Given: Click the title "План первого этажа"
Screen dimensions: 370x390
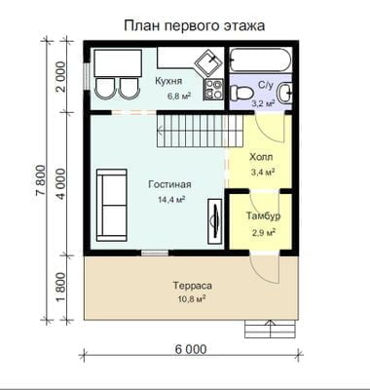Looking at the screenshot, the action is point(194,26).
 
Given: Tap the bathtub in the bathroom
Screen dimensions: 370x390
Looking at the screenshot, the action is point(260,59).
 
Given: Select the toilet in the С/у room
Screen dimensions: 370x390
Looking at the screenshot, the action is point(241,93).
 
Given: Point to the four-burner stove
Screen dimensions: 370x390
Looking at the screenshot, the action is point(213,90).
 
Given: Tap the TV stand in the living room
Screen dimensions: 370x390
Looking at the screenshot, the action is point(215,221).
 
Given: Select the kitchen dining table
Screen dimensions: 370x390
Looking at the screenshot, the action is point(118,63).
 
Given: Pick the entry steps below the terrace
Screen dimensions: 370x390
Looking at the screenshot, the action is point(271,329).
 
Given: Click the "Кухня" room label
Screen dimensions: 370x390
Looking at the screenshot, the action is point(168,81).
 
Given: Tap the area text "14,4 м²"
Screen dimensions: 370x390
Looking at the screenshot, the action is point(171,199).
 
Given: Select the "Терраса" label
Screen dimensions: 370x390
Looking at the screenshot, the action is point(193,286).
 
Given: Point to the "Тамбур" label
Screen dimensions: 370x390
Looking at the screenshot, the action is point(263,216).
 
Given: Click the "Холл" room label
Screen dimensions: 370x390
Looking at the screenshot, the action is point(261,157).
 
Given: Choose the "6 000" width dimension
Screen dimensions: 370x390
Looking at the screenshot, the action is point(191,349).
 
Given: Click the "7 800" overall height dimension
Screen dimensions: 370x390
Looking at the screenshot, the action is point(41,180).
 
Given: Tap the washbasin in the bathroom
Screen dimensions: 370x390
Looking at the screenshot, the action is point(284,93).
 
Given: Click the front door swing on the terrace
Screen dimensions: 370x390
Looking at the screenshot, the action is point(265,269).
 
